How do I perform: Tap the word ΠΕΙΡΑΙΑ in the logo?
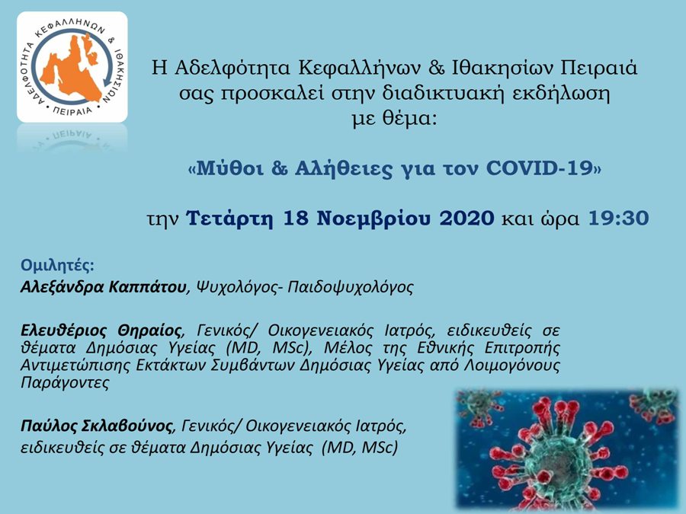point(72,111)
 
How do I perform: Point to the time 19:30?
point(619,218)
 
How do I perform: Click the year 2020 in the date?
point(466,218)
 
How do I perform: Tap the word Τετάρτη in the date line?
point(229,218)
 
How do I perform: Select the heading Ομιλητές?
point(57,265)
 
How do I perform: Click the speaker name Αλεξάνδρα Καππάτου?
point(103,287)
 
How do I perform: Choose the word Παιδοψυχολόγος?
point(351,287)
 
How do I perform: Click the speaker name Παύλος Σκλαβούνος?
point(97,425)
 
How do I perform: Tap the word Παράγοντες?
point(65,382)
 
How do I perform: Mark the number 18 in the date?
point(295,218)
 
